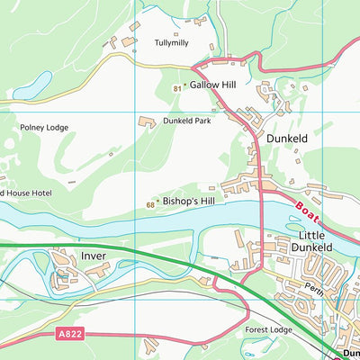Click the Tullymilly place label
173,42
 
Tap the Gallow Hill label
212,85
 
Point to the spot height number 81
177,86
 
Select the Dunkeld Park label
186,121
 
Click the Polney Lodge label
44,129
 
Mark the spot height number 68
149,206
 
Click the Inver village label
94,256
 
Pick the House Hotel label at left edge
26,193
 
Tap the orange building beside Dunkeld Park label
146,121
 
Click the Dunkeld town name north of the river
287,139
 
